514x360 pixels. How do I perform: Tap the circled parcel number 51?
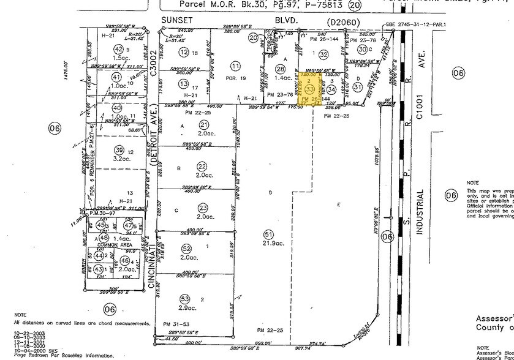(268, 234)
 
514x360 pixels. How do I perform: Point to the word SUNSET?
(173, 20)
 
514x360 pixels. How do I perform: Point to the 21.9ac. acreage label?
(268, 245)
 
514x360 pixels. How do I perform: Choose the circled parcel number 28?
(281, 69)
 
